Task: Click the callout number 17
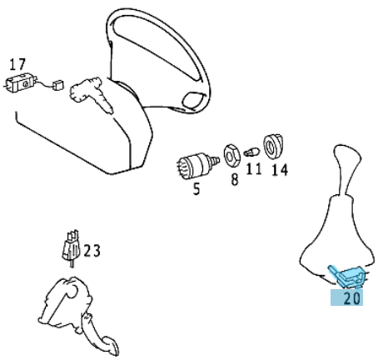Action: coord(17,64)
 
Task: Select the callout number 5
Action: coord(196,188)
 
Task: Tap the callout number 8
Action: coord(235,179)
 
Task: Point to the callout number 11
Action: coord(254,168)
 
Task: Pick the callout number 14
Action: coord(280,170)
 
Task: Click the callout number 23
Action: coord(92,251)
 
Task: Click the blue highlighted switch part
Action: coord(348,277)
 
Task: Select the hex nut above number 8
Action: coord(231,156)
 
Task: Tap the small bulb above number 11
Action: coord(251,152)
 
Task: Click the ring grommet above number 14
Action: coord(272,147)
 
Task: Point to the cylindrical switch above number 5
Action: coord(197,166)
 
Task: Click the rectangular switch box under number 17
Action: coord(20,82)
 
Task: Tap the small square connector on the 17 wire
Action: coord(58,85)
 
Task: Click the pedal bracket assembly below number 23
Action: coord(78,315)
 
